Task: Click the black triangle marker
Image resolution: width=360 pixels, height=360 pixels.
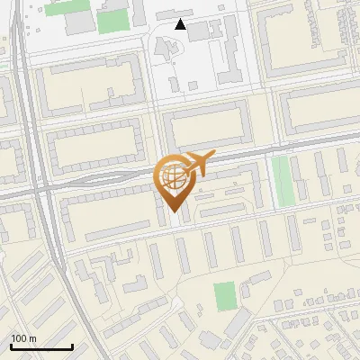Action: tap(181, 24)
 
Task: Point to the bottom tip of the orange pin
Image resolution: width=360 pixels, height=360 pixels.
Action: tap(174, 211)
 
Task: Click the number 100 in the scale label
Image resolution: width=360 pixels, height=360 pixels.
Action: tap(18, 338)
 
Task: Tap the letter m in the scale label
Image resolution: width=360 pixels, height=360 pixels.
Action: tap(32, 338)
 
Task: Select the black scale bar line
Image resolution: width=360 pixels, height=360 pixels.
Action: tap(41, 346)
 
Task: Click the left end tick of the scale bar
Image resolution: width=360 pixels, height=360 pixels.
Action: tap(11, 345)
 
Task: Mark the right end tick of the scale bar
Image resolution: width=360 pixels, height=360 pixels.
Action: tap(72, 345)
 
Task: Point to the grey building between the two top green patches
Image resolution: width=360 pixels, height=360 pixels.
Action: tap(82, 21)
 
